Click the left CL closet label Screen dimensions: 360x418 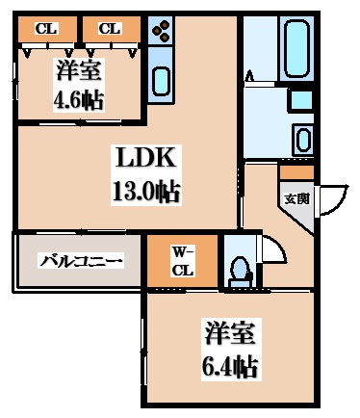point(45,28)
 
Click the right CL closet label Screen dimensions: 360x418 point(109,28)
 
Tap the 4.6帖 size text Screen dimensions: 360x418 point(80,98)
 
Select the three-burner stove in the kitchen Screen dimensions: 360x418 point(161,33)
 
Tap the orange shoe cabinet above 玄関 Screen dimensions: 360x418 point(296,172)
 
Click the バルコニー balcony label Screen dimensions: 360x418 point(80,261)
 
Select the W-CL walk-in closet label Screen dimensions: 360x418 point(182,260)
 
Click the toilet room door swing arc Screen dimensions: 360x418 point(273,250)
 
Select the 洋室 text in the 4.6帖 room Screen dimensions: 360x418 point(80,69)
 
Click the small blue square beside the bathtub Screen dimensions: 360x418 point(301,98)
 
